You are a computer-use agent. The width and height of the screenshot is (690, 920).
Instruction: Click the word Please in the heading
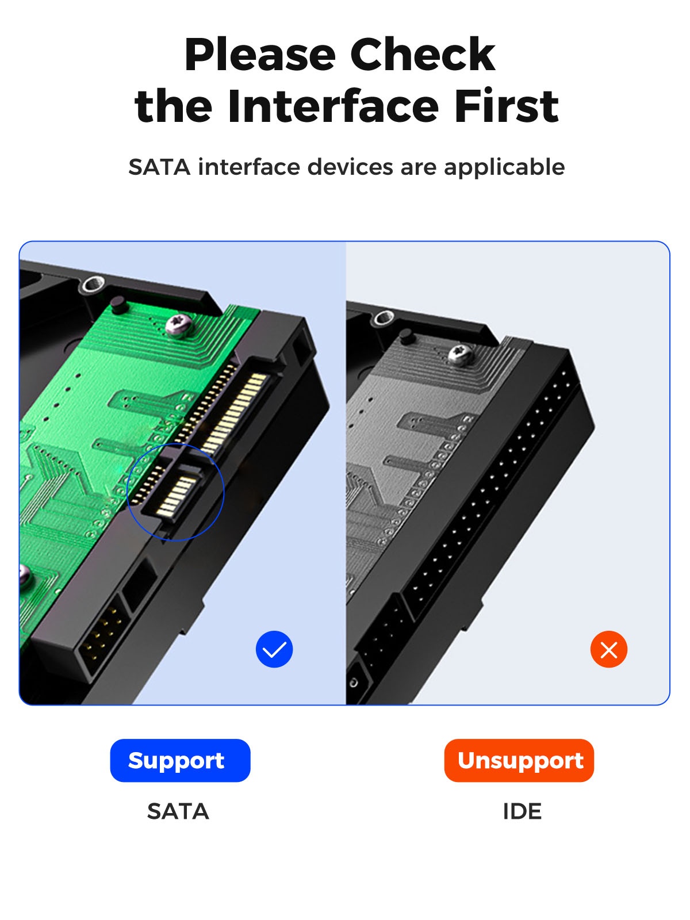[x=260, y=55]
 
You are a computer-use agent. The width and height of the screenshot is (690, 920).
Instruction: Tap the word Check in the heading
[x=423, y=55]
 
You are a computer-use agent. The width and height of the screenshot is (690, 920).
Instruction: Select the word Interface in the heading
[x=333, y=106]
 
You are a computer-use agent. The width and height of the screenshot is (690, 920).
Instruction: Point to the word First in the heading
[x=507, y=106]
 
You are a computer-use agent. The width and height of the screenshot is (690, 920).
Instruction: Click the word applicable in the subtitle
[x=504, y=168]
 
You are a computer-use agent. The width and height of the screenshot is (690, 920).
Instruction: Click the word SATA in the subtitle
[x=159, y=167]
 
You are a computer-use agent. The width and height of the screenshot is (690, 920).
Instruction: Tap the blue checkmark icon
[x=274, y=649]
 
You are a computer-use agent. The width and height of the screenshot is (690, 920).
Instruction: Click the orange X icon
[x=608, y=649]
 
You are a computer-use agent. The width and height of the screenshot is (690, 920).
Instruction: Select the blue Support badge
[x=180, y=760]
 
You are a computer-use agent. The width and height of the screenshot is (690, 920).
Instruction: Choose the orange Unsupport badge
[x=519, y=760]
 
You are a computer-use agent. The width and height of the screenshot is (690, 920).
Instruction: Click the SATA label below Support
[x=178, y=811]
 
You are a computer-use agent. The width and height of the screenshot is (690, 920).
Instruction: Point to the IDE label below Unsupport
[x=522, y=811]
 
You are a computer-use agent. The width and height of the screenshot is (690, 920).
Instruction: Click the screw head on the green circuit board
[x=179, y=325]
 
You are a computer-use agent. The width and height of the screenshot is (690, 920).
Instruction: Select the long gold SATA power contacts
[x=235, y=412]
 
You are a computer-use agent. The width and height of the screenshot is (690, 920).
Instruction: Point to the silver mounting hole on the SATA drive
[x=93, y=285]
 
